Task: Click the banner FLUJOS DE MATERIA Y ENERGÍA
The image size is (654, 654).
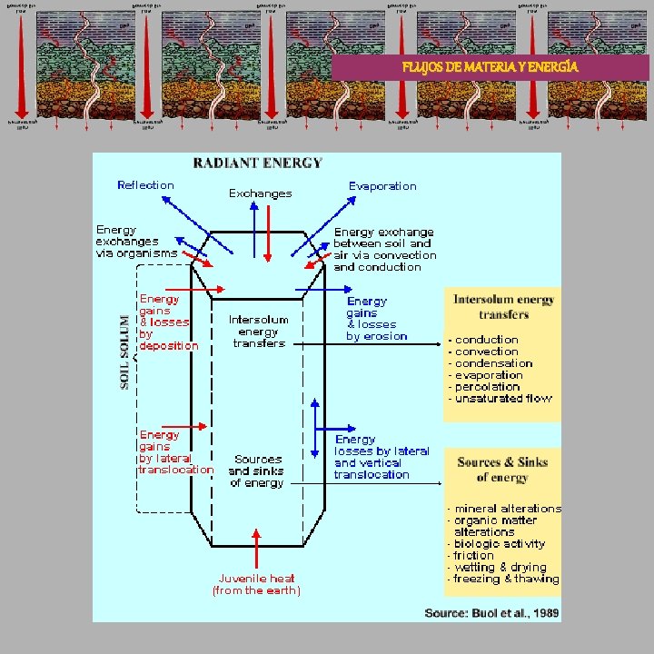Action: [490, 67]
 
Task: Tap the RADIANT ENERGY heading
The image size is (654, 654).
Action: [257, 163]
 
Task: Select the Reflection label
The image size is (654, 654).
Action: [145, 185]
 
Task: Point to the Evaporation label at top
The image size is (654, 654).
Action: [382, 186]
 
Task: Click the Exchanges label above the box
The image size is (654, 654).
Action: [260, 193]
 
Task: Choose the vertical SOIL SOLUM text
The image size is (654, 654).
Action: [125, 352]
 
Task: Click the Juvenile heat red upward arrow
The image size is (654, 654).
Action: [258, 548]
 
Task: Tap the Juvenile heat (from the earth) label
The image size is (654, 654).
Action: [257, 584]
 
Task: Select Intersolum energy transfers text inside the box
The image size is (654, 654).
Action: [259, 332]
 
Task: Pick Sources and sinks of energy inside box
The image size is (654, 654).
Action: [256, 471]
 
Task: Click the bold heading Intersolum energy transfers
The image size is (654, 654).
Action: [504, 306]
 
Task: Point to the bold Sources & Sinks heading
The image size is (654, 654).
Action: [502, 469]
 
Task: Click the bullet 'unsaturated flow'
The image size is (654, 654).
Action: [502, 398]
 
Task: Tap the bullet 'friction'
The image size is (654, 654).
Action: [474, 555]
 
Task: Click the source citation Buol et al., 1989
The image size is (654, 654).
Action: [491, 613]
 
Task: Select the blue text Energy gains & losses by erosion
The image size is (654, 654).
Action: [376, 318]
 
